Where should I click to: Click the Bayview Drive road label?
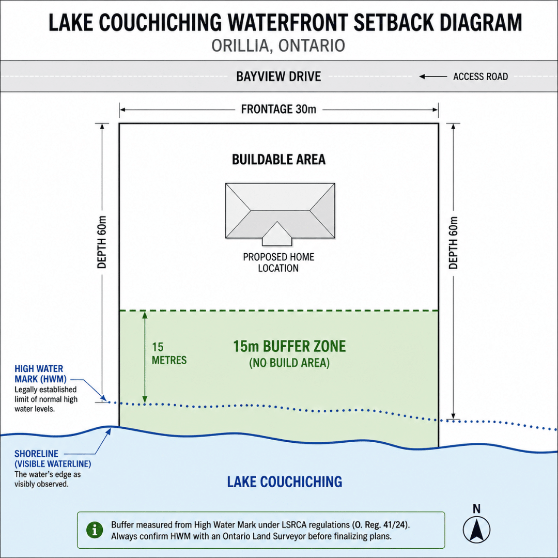[x=278, y=76]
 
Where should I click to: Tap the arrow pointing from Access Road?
[x=433, y=76]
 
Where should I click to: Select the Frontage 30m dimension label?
[x=278, y=109]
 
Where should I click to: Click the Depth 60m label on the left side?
[x=102, y=242]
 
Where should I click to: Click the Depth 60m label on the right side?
[x=453, y=243]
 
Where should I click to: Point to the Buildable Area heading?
[x=278, y=160]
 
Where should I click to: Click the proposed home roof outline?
[x=280, y=211]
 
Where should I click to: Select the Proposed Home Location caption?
[x=278, y=262]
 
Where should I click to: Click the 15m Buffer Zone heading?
[x=289, y=346]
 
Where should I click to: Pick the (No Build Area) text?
[x=289, y=363]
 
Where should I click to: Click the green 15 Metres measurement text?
[x=169, y=354]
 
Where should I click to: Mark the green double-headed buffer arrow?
[x=145, y=357]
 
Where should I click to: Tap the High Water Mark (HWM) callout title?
[x=40, y=374]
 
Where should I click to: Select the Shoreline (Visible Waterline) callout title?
[x=53, y=459]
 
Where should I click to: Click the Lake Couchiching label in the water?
[x=285, y=482]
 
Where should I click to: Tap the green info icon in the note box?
[x=95, y=530]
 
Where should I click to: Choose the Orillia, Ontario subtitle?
[x=278, y=45]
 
